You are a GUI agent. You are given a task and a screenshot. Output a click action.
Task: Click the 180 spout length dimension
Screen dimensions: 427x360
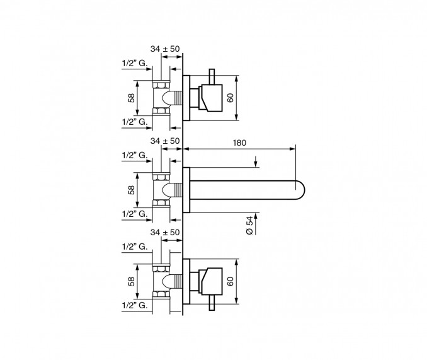pyautogui.click(x=239, y=142)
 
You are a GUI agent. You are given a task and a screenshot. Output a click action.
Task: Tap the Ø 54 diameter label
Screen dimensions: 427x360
pyautogui.click(x=249, y=226)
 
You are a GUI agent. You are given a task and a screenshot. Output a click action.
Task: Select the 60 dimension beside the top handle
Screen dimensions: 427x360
pyautogui.click(x=231, y=98)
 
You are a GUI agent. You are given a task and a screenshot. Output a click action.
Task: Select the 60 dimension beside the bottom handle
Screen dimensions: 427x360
pyautogui.click(x=231, y=281)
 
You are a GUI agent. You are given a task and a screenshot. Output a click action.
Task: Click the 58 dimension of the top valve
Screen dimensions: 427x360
pyautogui.click(x=131, y=98)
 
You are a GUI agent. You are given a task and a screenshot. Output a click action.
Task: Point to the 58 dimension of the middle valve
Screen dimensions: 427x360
pyautogui.click(x=131, y=190)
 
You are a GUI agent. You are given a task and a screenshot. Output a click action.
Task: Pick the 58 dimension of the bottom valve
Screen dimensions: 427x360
pyautogui.click(x=131, y=281)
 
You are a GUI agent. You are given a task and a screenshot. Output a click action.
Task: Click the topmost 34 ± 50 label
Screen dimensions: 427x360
pyautogui.click(x=165, y=49)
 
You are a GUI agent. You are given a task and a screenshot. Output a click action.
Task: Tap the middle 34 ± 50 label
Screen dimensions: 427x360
pyautogui.click(x=165, y=141)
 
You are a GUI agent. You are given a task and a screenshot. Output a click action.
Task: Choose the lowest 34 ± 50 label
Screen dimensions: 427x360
pyautogui.click(x=165, y=233)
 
